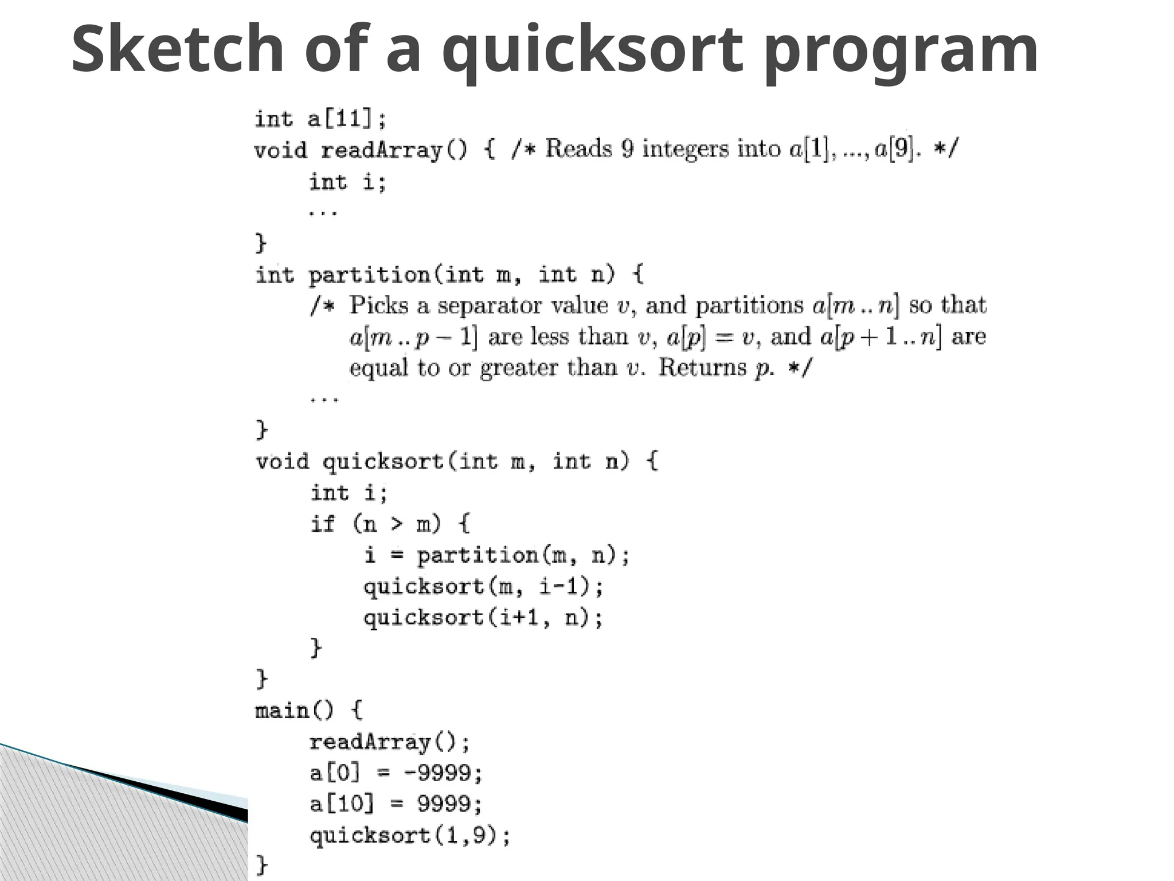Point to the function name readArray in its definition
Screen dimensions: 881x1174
click(381, 151)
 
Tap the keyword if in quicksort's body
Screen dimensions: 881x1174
click(322, 524)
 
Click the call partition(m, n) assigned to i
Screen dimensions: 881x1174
click(523, 555)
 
